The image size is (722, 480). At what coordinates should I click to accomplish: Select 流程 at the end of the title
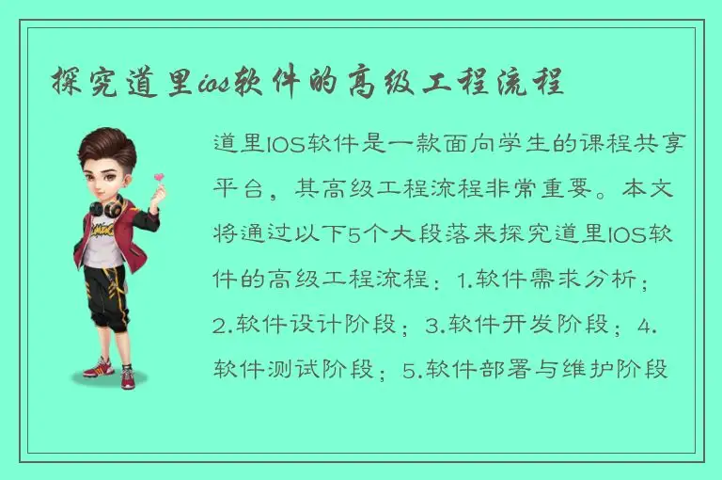tap(535, 81)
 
